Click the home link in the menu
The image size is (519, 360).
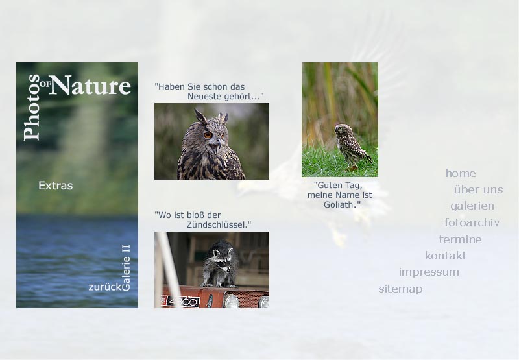461,173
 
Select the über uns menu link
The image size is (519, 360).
478,189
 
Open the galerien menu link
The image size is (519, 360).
472,206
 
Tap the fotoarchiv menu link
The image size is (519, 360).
472,222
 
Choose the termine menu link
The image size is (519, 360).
460,239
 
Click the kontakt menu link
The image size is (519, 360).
446,256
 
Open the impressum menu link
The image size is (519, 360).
429,272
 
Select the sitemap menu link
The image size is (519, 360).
400,289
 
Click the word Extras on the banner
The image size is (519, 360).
55,186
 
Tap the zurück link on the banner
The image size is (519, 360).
105,287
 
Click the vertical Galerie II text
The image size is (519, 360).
126,268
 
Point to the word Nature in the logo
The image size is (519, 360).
91,86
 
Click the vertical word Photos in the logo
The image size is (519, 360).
32,107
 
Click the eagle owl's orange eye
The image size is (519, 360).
208,135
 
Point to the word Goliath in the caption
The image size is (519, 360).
342,205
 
